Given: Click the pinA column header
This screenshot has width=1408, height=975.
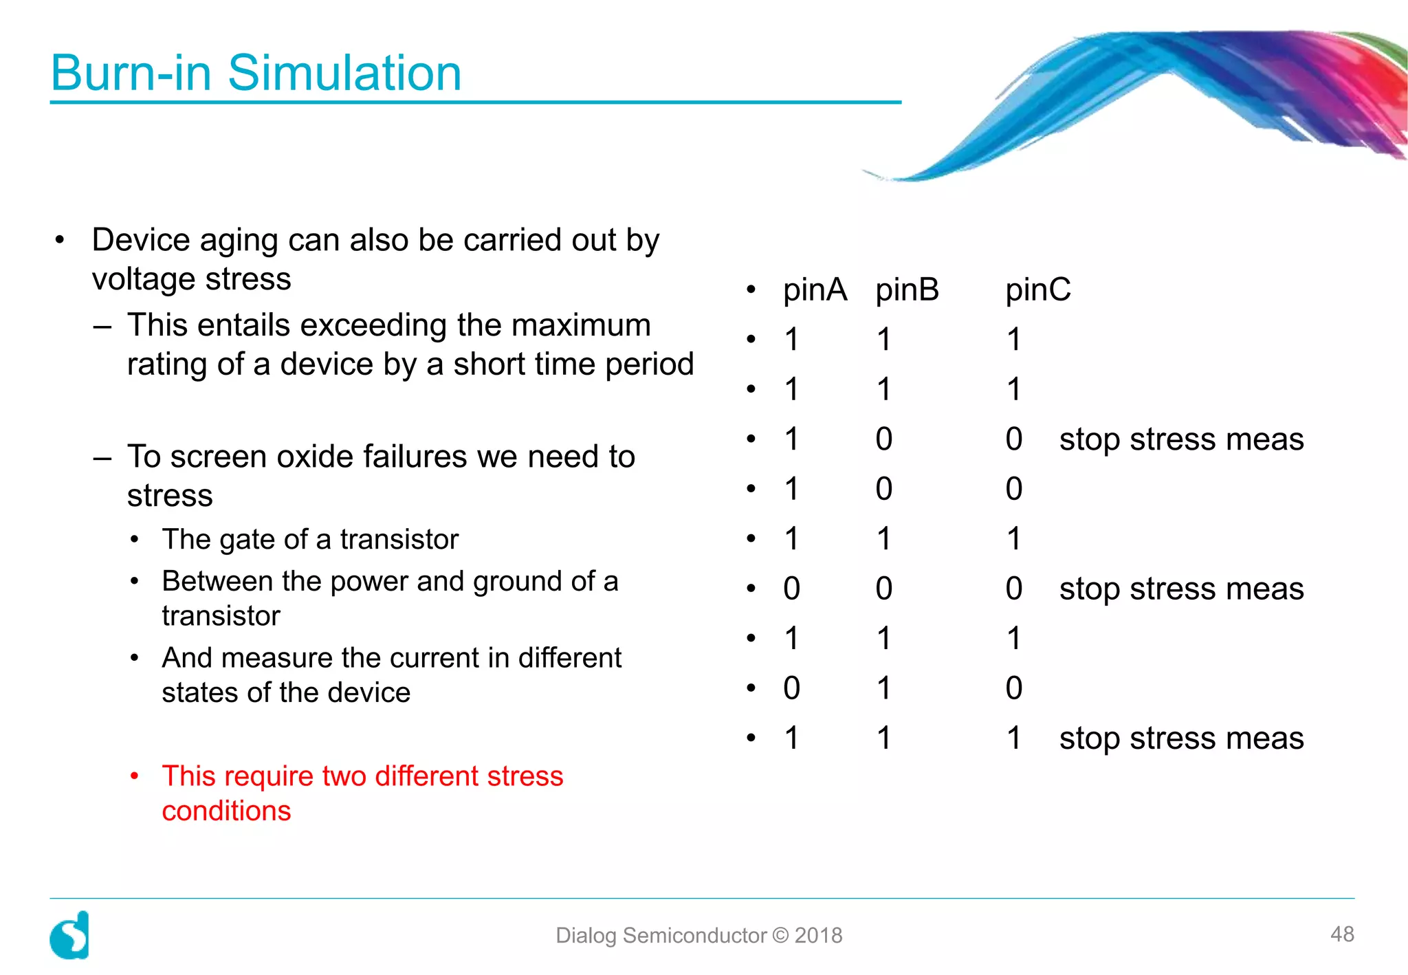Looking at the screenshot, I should [815, 289].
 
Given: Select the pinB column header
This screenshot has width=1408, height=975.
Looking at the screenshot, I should [907, 289].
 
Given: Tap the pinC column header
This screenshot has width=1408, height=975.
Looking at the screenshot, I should [1037, 289].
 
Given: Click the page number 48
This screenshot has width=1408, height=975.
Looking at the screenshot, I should [1342, 934].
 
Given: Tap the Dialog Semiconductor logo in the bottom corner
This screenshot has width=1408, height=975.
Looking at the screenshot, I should [70, 935].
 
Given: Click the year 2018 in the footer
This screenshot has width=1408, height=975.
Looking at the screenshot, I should [818, 935].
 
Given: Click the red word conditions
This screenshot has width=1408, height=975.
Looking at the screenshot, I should [226, 811].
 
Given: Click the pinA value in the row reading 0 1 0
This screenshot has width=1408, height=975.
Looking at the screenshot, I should [792, 688].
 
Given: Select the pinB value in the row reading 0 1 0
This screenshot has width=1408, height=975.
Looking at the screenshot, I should [884, 688].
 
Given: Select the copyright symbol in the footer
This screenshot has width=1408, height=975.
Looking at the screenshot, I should [780, 935].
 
